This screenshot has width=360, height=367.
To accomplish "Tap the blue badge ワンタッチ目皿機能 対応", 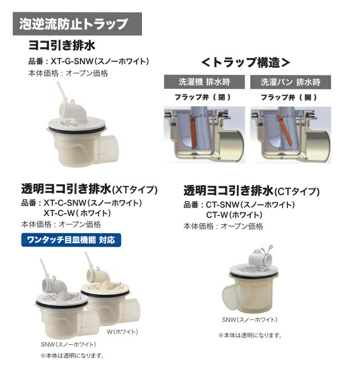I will point(70,240).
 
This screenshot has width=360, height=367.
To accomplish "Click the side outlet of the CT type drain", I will point(234,294).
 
